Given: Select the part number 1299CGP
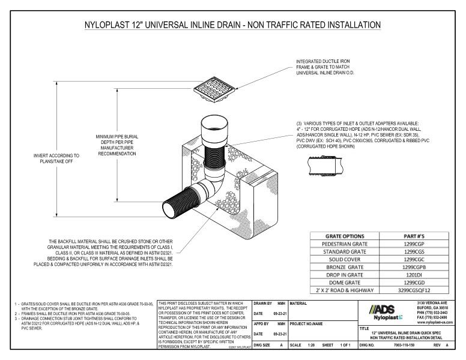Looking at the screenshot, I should (413, 244).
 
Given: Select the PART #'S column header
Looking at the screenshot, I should (413, 235).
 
